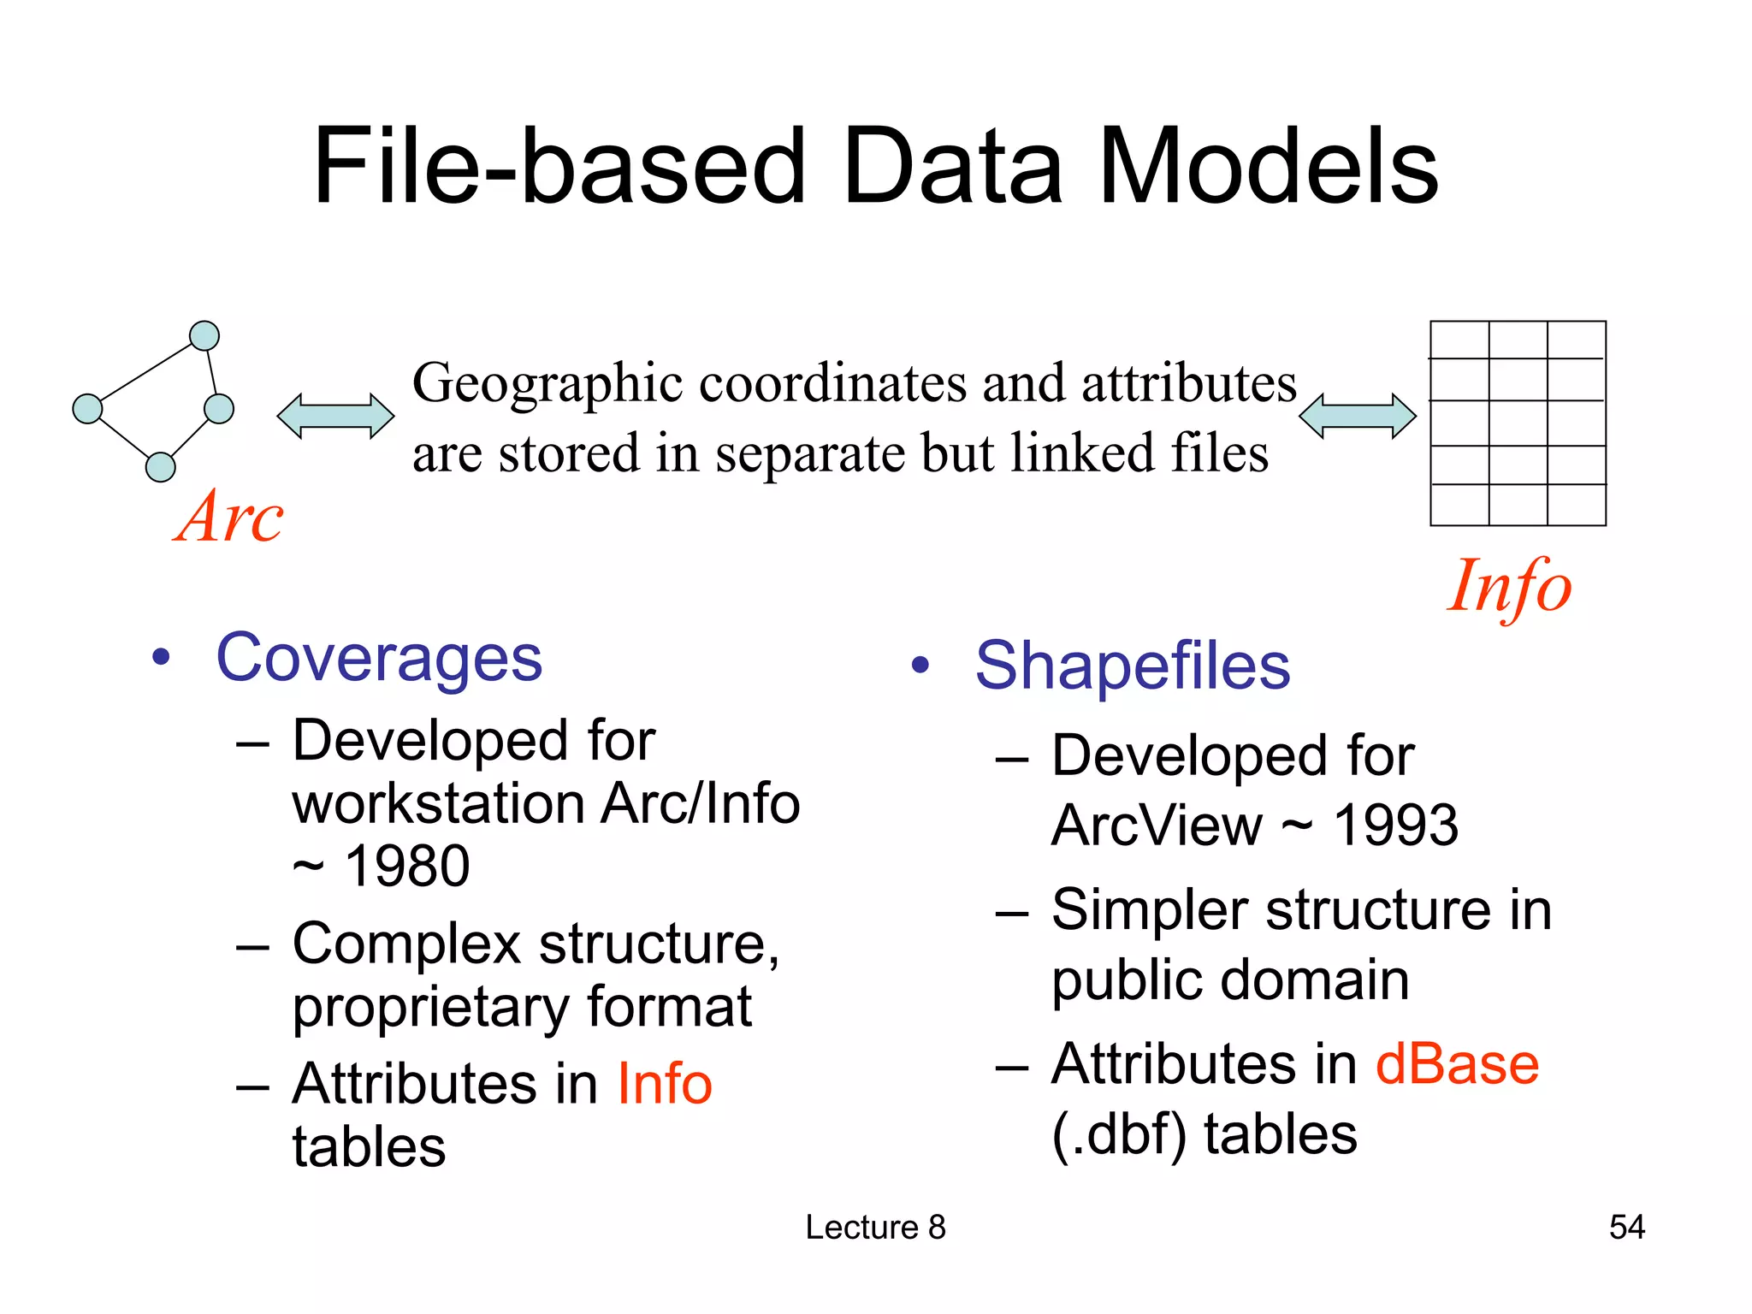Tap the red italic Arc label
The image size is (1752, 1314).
pos(229,518)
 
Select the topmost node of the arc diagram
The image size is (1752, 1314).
pos(204,336)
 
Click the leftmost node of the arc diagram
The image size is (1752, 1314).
pos(87,409)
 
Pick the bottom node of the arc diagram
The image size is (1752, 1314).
pos(161,467)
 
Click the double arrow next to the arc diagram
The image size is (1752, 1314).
pos(335,417)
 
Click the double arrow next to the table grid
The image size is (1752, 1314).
pos(1357,417)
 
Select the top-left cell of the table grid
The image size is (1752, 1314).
pos(1459,340)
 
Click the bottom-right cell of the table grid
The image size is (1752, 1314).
pos(1576,505)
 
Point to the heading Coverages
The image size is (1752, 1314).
pos(379,659)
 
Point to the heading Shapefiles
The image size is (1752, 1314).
pos(1133,666)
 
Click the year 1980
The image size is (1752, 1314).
pos(407,867)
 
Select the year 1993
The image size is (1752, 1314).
pos(1396,826)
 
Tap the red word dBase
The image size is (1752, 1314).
pos(1457,1065)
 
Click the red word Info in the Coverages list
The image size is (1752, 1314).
pos(665,1084)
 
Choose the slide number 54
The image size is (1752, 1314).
pos(1626,1227)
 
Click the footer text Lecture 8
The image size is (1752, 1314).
pos(875,1227)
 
